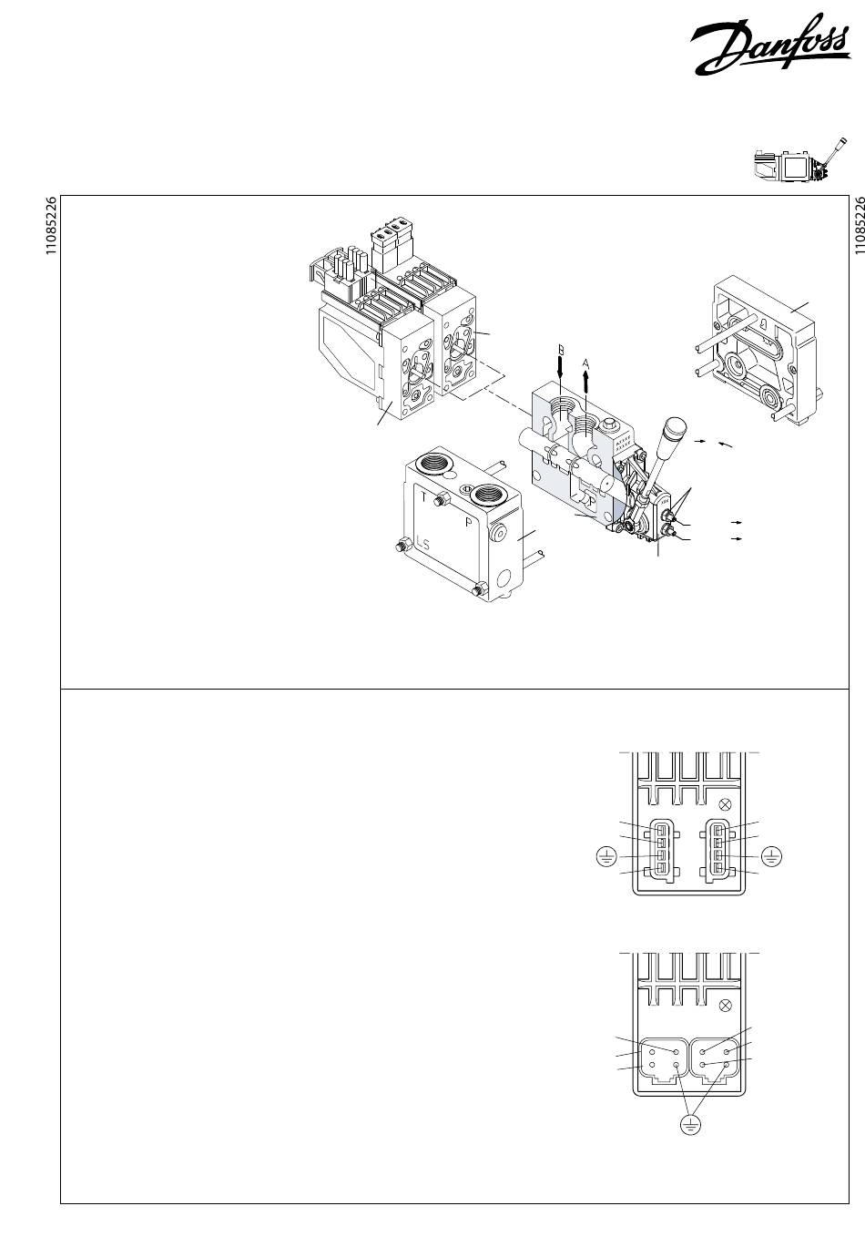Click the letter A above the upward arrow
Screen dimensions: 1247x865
(x=586, y=362)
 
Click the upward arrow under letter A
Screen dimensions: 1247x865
(x=586, y=378)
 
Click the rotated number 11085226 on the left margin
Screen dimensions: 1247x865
(x=51, y=227)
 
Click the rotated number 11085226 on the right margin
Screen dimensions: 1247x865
(x=857, y=227)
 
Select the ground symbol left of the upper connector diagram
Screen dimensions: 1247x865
(x=606, y=856)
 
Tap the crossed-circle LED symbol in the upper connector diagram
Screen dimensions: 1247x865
(x=726, y=804)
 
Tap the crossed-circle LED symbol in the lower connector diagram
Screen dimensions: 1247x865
(x=726, y=1007)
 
